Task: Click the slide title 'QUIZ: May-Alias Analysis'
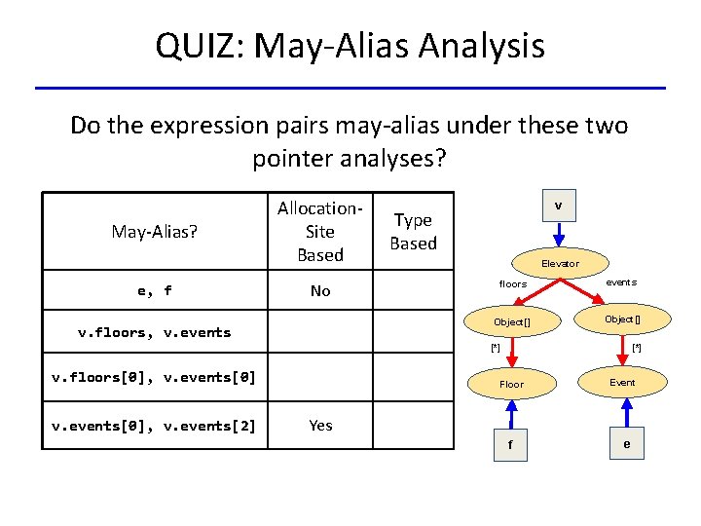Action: (350, 45)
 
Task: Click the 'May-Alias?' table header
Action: (155, 231)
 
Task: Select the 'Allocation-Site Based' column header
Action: (320, 231)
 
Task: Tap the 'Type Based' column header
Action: (413, 231)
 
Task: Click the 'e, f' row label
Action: (155, 290)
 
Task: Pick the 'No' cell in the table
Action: (320, 290)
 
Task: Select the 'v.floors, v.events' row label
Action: (155, 332)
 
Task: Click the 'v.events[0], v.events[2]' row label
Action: (155, 425)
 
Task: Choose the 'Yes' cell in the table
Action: (320, 425)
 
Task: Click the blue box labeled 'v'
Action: (558, 207)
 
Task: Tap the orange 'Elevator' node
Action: (560, 263)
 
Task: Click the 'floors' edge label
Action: (513, 284)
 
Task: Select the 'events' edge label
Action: (621, 282)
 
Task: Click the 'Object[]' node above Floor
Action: (511, 321)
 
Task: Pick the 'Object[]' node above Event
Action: (622, 319)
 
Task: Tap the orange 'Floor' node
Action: (511, 384)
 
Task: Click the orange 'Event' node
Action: (622, 382)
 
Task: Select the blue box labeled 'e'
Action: (626, 444)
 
